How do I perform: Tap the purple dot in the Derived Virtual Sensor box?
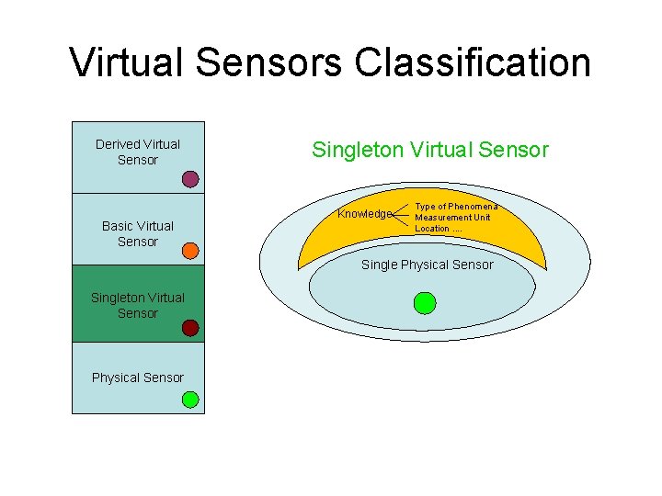[190, 179]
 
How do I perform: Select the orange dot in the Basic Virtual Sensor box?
[190, 250]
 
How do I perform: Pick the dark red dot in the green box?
[190, 328]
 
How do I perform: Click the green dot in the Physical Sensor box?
[190, 400]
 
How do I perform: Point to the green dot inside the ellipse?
[425, 302]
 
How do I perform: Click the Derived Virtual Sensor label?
[138, 152]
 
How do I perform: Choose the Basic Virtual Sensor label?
[138, 233]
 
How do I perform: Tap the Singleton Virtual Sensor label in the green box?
[138, 305]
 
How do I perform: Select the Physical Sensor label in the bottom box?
[138, 378]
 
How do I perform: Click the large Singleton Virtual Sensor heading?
[430, 149]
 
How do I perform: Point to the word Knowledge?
[365, 214]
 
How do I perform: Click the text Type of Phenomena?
[456, 207]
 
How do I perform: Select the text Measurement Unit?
[452, 218]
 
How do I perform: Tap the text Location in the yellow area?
[432, 229]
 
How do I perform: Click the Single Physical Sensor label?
[428, 265]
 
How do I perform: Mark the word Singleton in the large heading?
[355, 149]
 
